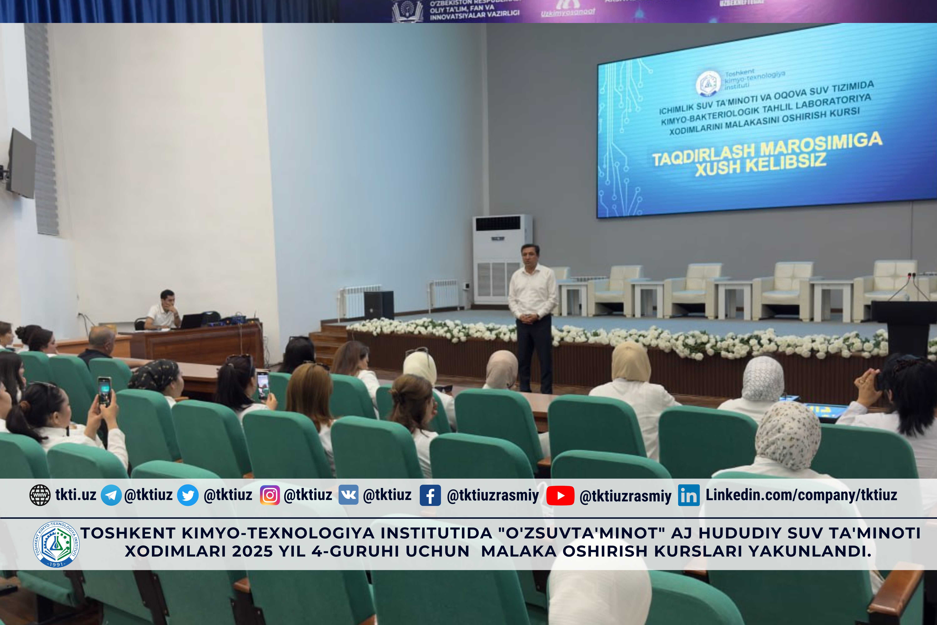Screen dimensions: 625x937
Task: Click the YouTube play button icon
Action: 560,495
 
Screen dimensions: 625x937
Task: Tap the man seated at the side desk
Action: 163,311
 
